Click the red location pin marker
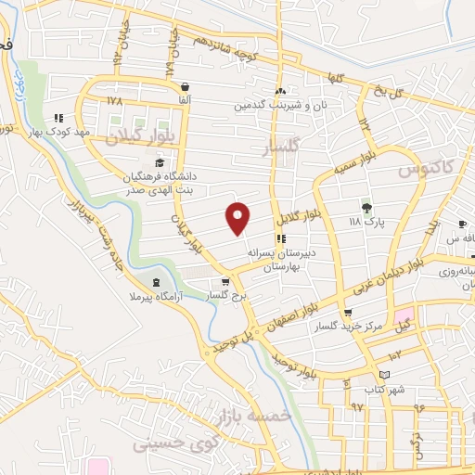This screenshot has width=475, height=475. (x=238, y=218)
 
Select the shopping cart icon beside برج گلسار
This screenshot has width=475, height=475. (x=225, y=282)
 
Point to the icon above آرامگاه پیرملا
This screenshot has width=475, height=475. (x=155, y=280)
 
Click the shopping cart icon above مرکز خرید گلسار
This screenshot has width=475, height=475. (x=348, y=313)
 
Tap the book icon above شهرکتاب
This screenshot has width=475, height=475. (x=382, y=376)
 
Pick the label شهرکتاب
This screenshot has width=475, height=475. (x=382, y=389)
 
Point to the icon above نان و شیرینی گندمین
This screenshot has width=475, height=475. (x=280, y=91)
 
